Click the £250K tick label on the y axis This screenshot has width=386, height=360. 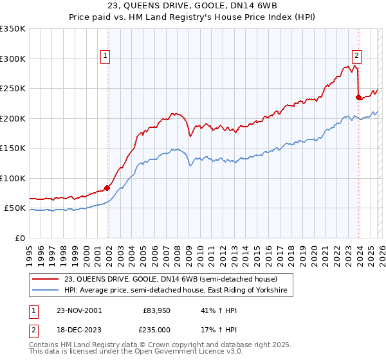13,89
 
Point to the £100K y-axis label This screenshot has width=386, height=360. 13,179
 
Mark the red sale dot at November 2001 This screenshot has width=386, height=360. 107,188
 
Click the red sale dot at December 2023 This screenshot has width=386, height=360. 358,98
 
